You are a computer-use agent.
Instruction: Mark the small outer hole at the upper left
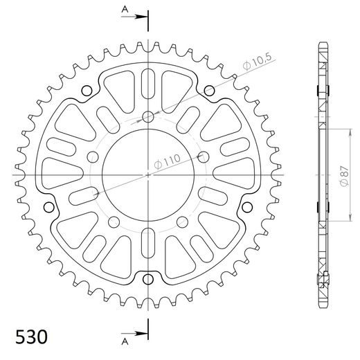click(87, 91)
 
